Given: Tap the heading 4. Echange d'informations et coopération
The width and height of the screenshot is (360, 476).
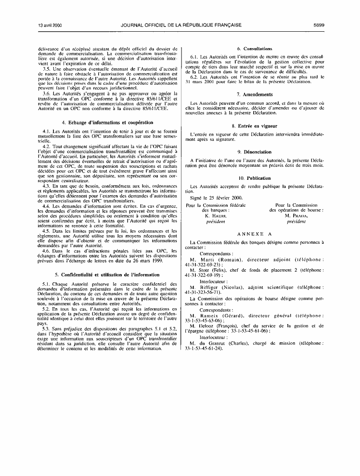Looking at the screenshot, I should (108, 123).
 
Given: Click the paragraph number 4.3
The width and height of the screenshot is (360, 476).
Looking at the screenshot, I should (46, 186).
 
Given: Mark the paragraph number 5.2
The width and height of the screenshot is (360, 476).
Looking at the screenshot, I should (46, 322).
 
